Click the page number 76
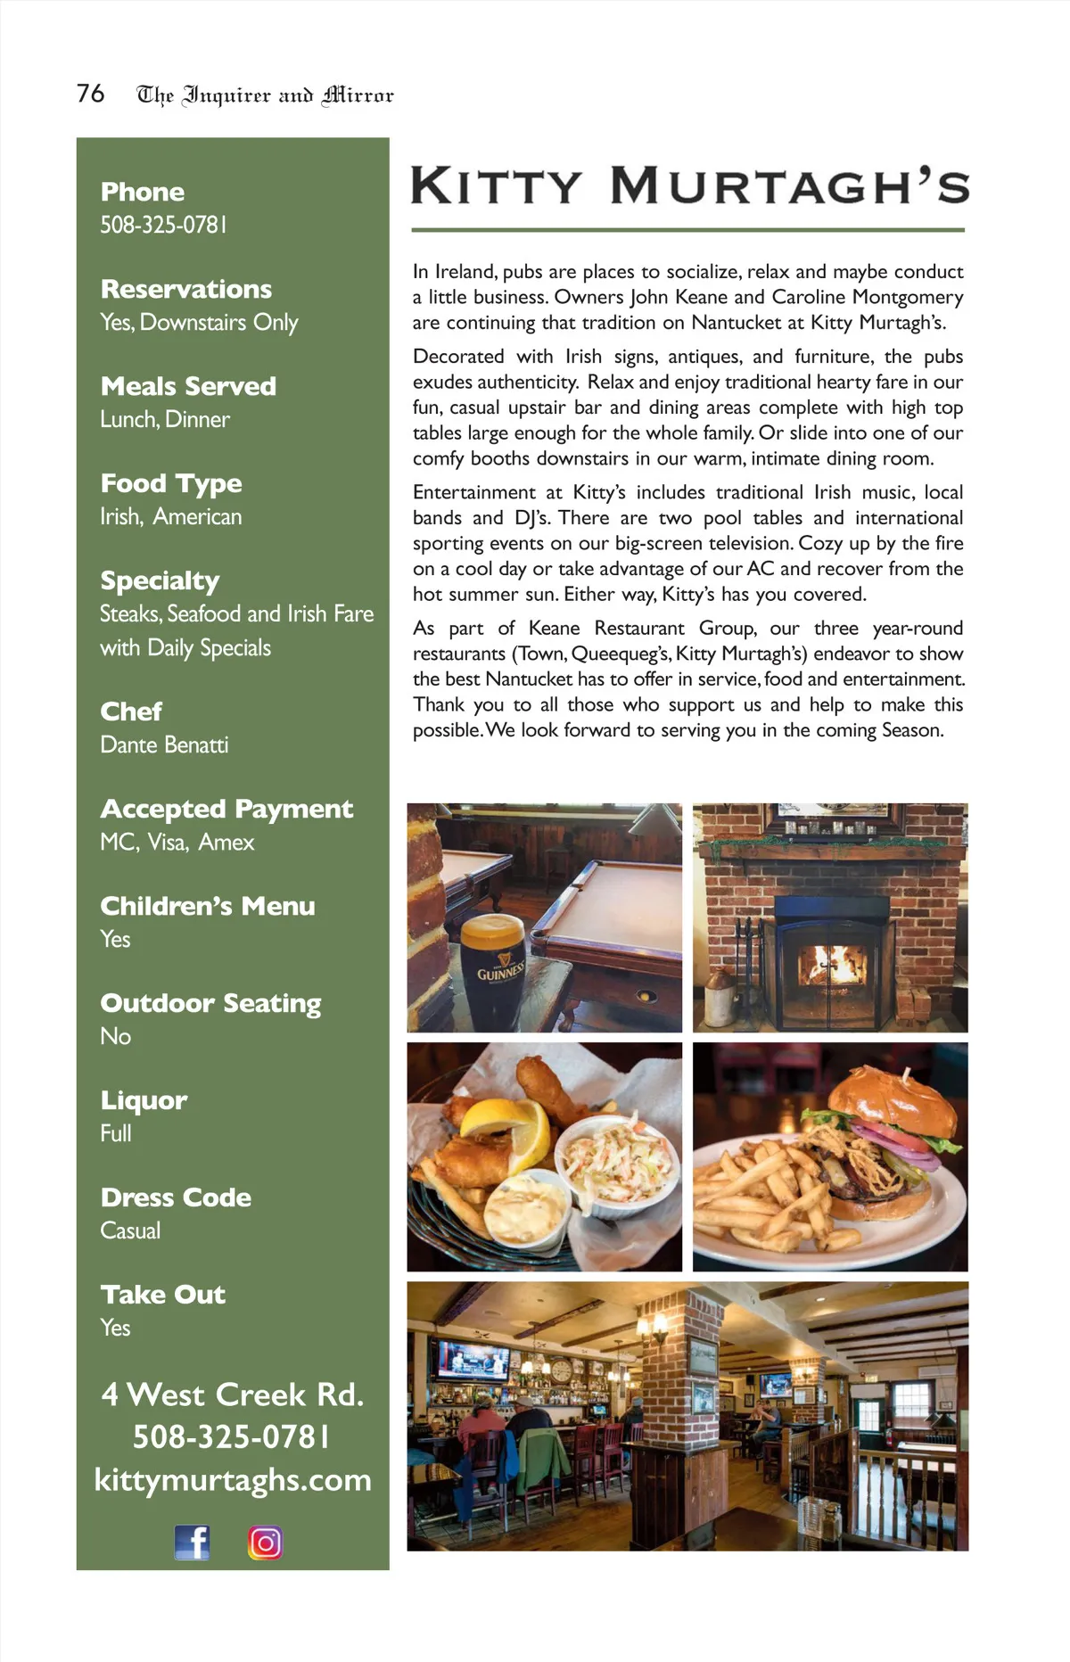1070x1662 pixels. (x=90, y=94)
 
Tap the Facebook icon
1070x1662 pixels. (x=192, y=1542)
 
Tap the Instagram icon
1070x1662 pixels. (x=265, y=1543)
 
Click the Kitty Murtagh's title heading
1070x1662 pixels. (x=689, y=186)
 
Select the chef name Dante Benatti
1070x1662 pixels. (x=164, y=745)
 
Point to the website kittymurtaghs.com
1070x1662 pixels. (x=233, y=1480)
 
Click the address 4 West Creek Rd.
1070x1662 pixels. (x=233, y=1395)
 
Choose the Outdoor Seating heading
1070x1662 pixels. (x=210, y=1003)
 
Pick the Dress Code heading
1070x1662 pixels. (x=176, y=1197)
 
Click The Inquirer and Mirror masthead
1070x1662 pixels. (x=265, y=95)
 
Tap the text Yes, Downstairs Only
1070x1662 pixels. (x=199, y=323)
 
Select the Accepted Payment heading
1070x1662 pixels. (x=226, y=809)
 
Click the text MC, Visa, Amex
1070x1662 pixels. (x=177, y=842)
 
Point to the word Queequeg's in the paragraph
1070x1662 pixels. (x=620, y=654)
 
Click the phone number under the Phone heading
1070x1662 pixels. (x=163, y=225)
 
